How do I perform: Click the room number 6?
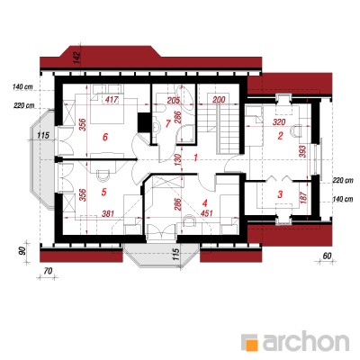(x=104, y=137)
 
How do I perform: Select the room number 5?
(x=104, y=192)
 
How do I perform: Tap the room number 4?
(x=204, y=203)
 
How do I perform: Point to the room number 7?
(x=168, y=123)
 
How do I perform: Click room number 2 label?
(x=280, y=136)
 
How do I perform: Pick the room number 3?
(x=280, y=194)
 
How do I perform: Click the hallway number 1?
(x=195, y=157)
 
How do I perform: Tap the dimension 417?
(x=112, y=99)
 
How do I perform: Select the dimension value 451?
(x=207, y=213)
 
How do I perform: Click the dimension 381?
(x=108, y=213)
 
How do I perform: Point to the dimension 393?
(x=302, y=152)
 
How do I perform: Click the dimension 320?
(x=279, y=122)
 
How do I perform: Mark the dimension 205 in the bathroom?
(x=174, y=100)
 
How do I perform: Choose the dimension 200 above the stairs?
(x=219, y=100)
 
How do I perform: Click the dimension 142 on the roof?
(x=77, y=58)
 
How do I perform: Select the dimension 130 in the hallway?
(x=178, y=160)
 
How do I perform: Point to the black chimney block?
(x=144, y=122)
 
